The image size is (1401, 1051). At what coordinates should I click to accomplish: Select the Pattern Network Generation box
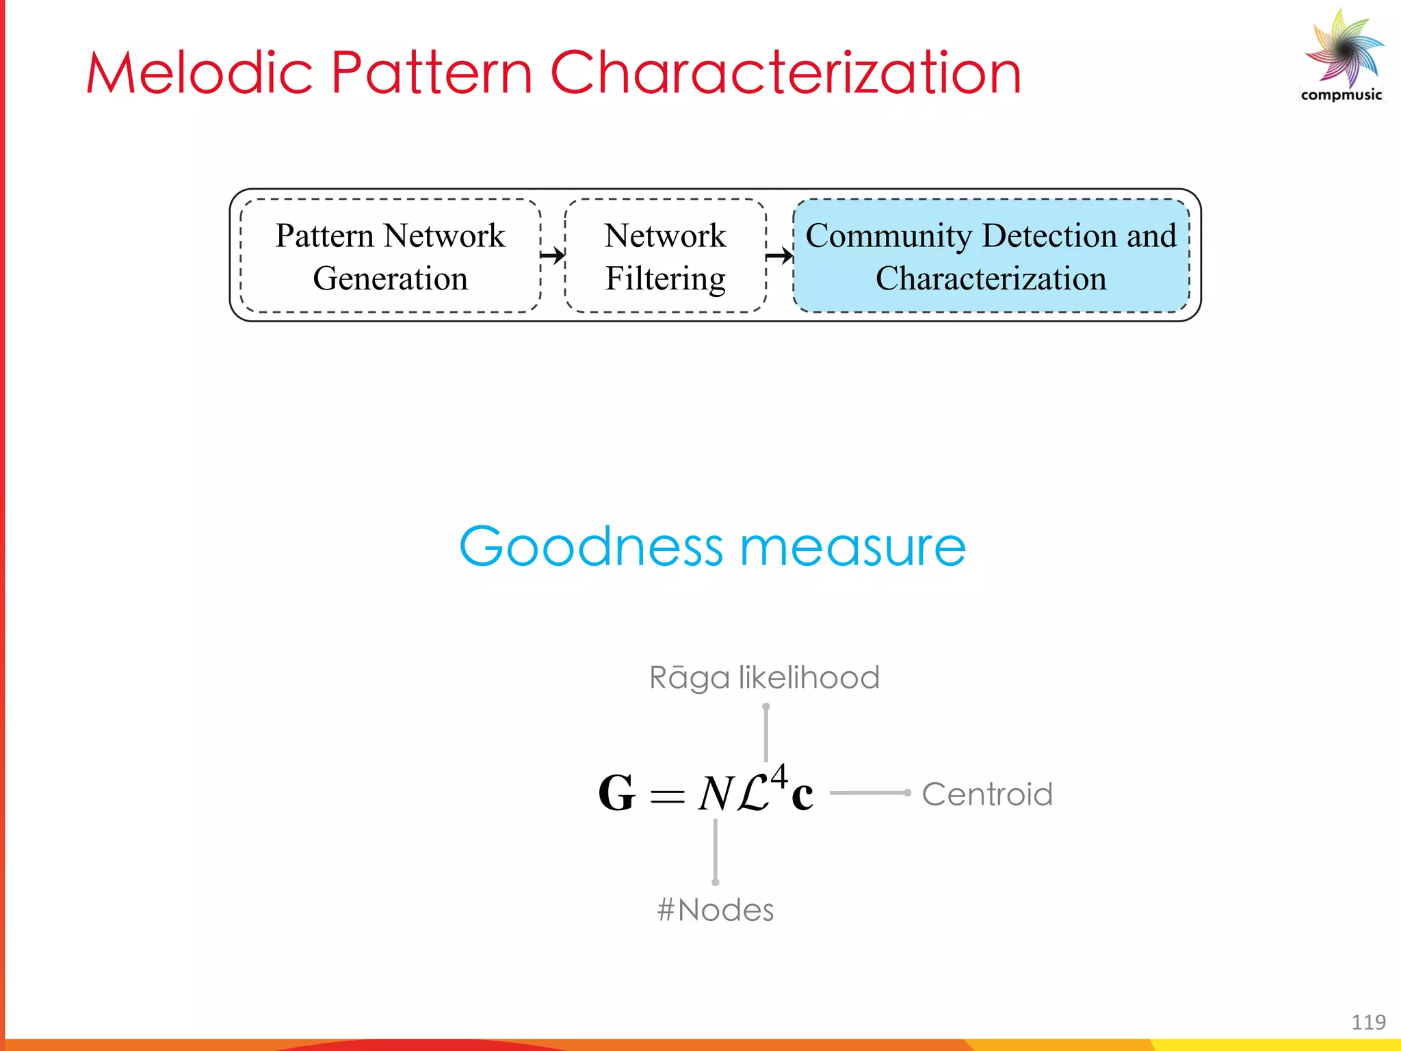tap(390, 256)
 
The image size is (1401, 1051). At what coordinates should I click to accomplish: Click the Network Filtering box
tap(665, 256)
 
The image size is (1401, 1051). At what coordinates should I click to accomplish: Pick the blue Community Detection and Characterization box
tap(991, 256)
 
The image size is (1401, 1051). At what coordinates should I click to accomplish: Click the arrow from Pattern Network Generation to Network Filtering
tap(553, 256)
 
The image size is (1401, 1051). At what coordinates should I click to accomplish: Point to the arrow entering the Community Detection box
tap(779, 256)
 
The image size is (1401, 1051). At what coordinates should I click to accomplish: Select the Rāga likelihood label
tap(764, 677)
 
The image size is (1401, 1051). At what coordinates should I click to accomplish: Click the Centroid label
tap(986, 794)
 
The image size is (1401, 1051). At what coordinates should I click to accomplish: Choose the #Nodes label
tap(716, 910)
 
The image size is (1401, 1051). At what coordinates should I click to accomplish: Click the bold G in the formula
tap(616, 794)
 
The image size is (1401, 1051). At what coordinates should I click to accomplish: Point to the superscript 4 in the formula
tap(779, 777)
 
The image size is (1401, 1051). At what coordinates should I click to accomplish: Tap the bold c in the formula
tap(802, 795)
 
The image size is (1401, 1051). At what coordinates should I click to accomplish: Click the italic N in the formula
tap(716, 794)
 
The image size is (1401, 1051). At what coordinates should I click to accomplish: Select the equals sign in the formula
tap(667, 796)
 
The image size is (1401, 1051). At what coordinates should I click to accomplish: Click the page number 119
tap(1368, 1022)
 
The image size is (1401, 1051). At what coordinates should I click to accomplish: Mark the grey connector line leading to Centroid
tap(869, 793)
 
